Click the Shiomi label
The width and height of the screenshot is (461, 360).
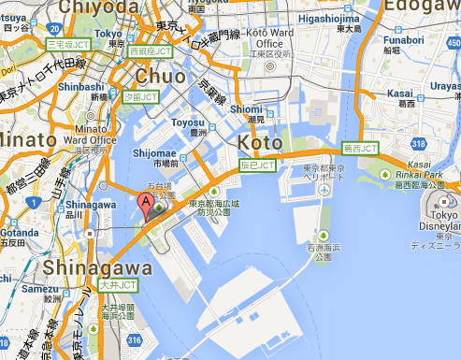[x=246, y=110]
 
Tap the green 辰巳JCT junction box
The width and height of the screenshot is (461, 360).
[x=258, y=165]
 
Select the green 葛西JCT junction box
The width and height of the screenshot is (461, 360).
[x=360, y=148]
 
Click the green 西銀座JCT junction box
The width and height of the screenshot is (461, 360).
[x=151, y=50]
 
